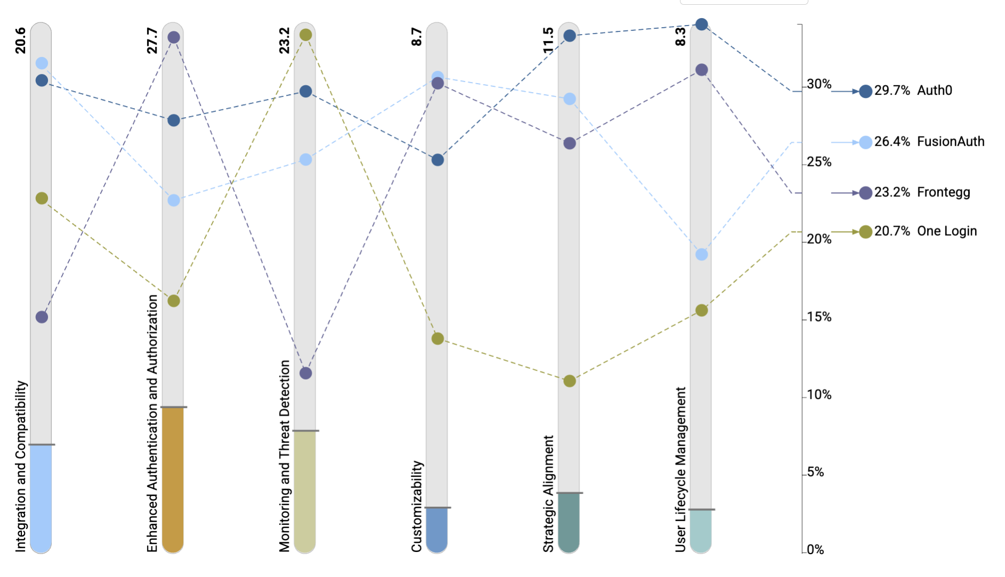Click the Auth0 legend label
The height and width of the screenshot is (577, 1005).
click(x=934, y=90)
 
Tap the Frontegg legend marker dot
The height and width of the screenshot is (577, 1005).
click(x=865, y=193)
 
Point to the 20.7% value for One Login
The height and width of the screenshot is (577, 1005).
click(x=891, y=231)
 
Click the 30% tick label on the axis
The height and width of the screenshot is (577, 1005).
click(x=819, y=84)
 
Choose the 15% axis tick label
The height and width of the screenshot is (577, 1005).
click(x=819, y=317)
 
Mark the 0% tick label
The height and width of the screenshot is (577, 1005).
click(x=815, y=550)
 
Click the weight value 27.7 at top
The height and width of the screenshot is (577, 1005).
click(x=152, y=40)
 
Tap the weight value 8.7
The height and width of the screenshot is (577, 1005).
click(x=416, y=37)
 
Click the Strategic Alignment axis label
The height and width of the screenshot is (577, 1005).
click(x=548, y=493)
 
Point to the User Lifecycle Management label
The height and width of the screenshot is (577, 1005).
click(x=680, y=469)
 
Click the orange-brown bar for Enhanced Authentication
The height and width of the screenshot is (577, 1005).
click(x=173, y=479)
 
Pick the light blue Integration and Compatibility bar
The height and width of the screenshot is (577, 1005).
click(x=41, y=498)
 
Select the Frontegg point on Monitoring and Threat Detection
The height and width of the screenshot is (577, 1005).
click(x=305, y=373)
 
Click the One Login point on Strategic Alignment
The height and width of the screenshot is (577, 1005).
click(x=570, y=381)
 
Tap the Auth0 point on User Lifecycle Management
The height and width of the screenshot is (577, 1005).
click(x=702, y=24)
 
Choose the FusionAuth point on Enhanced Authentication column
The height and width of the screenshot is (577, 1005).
click(x=174, y=200)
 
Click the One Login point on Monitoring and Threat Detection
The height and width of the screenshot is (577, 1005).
click(x=305, y=35)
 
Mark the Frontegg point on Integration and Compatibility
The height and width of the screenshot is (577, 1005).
click(x=42, y=317)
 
